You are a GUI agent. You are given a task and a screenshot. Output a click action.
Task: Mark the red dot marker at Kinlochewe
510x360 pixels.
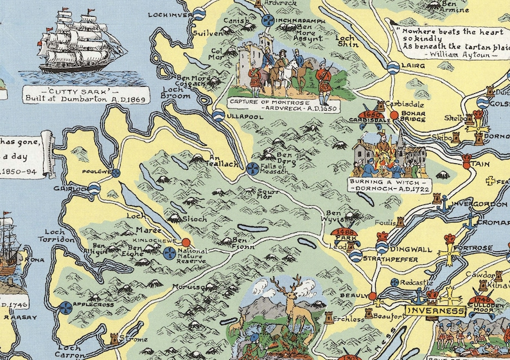pyautogui.click(x=186, y=242)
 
